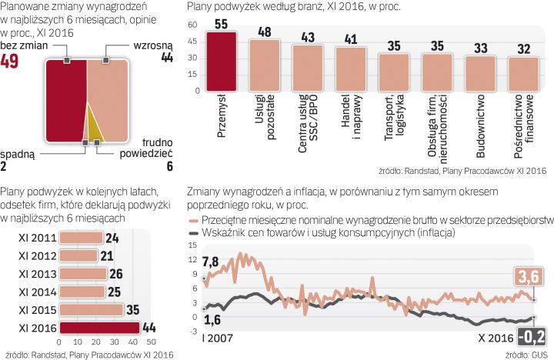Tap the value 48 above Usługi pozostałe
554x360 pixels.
tap(264, 32)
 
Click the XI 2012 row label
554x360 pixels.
tap(36, 256)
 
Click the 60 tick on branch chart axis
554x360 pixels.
tap(192, 25)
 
